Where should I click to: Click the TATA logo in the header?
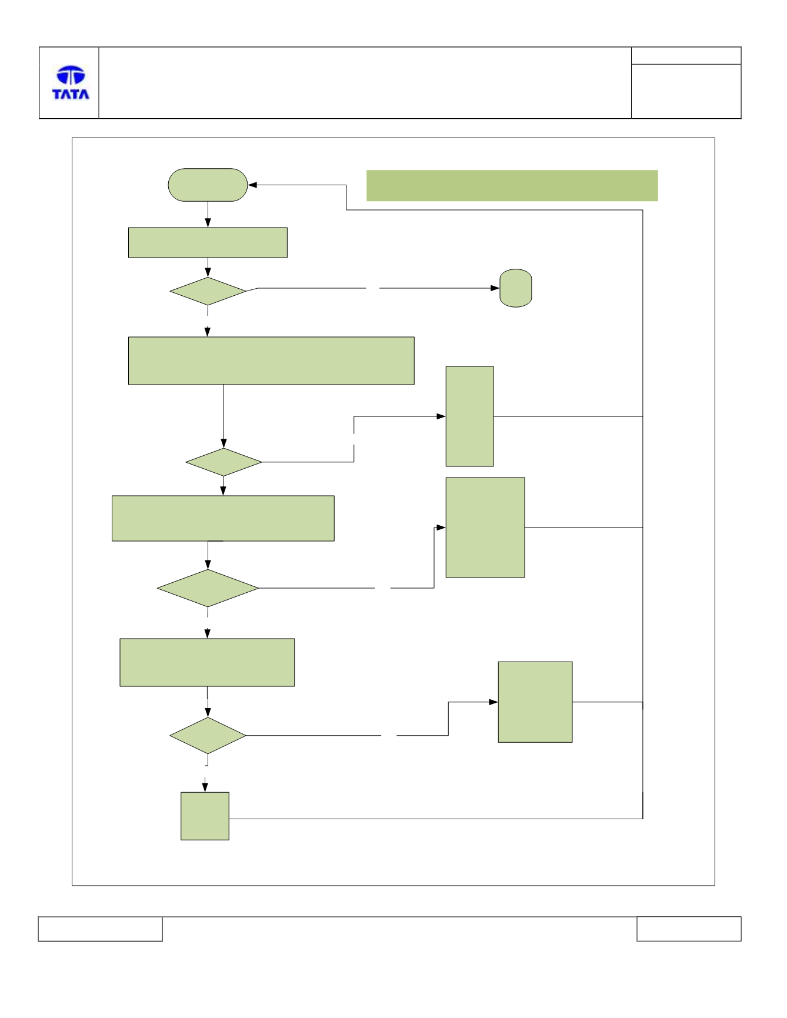[x=71, y=83]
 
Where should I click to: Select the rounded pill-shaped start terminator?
[x=208, y=185]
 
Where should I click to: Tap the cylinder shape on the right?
[x=516, y=288]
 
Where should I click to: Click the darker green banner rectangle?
[x=512, y=186]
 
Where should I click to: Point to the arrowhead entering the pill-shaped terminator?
[x=252, y=185]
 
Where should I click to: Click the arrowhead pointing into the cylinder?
[x=495, y=288]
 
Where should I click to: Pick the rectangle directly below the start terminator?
[x=208, y=242]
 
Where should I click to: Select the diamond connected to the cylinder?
[x=208, y=291]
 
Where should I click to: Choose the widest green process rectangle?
[x=271, y=361]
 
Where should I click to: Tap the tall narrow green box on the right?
[x=470, y=416]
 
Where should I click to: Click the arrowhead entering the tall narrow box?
[x=441, y=416]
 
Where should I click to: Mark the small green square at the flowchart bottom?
[x=205, y=816]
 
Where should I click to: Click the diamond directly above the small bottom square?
[x=208, y=736]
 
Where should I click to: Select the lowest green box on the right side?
[x=535, y=702]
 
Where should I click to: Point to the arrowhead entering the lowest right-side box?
[x=493, y=702]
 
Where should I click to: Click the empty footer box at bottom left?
[x=100, y=929]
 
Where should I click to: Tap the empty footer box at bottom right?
[x=689, y=929]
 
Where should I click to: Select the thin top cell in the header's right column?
[x=686, y=56]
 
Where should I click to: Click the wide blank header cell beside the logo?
[x=365, y=83]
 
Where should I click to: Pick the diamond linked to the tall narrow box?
[x=224, y=462]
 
